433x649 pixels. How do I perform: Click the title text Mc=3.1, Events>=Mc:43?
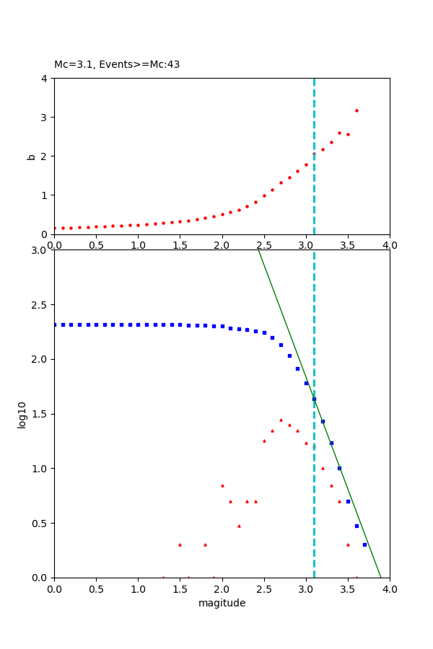click(117, 64)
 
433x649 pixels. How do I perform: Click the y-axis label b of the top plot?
click(30, 156)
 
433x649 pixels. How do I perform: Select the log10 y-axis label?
click(22, 414)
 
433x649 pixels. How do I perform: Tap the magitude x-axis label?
click(222, 603)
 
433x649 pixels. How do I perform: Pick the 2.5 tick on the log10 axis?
click(40, 305)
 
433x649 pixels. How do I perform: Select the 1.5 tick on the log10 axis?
click(40, 414)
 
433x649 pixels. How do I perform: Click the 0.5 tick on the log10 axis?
click(40, 523)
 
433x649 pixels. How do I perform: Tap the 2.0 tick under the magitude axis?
click(222, 588)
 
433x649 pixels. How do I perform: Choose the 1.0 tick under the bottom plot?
click(138, 588)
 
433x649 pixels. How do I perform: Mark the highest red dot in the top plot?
click(357, 110)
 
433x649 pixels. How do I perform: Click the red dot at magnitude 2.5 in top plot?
click(264, 195)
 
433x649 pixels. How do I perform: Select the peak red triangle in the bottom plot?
click(281, 420)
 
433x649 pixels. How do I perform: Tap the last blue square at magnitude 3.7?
click(364, 544)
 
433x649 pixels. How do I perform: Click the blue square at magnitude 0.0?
click(55, 324)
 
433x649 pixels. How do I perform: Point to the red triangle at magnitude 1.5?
click(180, 544)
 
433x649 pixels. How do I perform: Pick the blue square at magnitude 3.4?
click(339, 468)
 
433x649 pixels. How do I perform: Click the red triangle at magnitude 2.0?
click(222, 485)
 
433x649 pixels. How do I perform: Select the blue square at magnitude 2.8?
click(289, 356)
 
